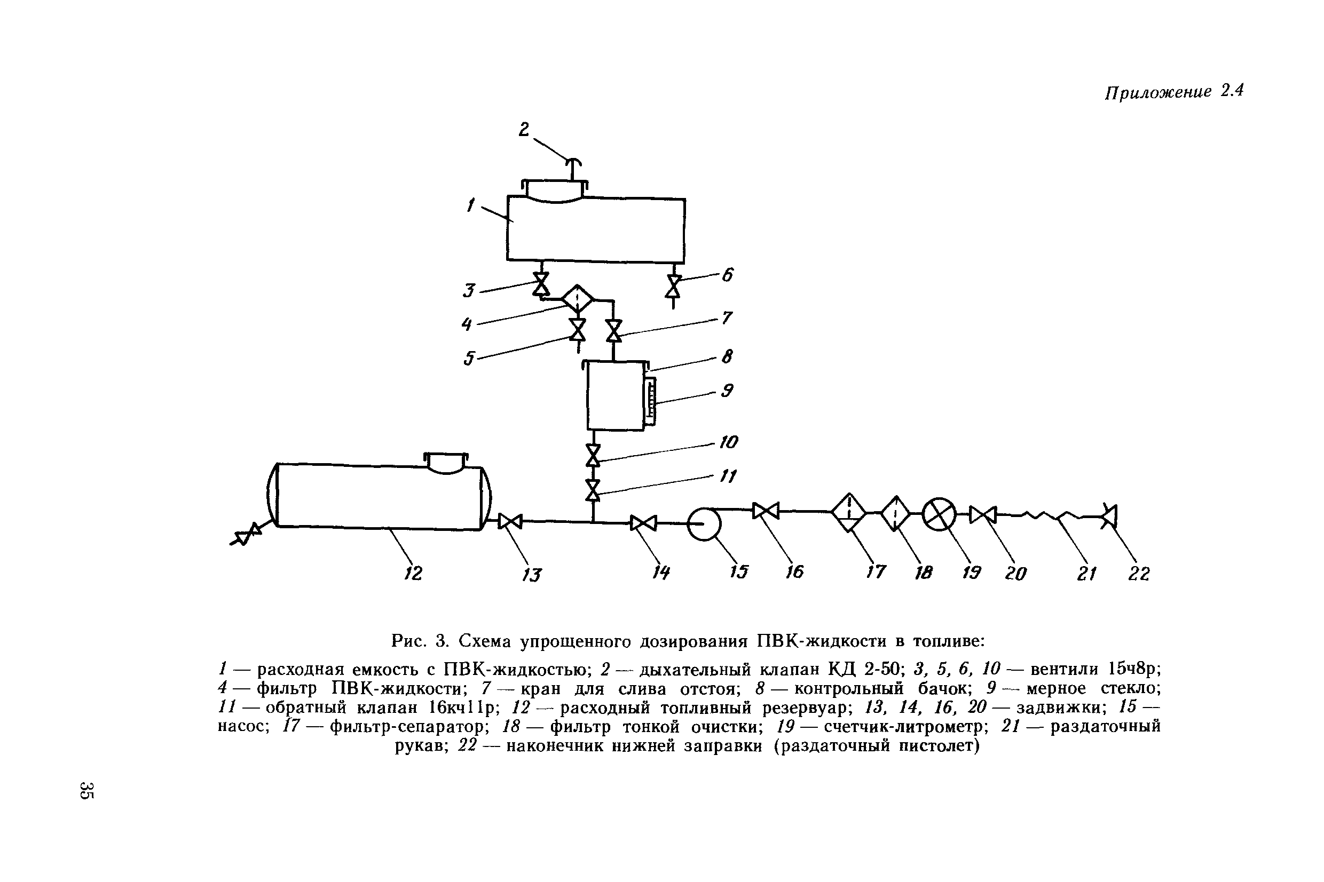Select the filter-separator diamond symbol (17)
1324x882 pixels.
pos(848,512)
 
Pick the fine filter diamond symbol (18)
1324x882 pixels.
pos(895,512)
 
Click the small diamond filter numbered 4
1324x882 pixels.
pos(577,299)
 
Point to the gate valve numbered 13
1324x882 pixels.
pos(510,521)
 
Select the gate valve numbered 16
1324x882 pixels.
pos(765,511)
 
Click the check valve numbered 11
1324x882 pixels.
pos(593,490)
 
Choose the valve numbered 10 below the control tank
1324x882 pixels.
pos(593,455)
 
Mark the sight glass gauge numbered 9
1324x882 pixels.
pos(650,401)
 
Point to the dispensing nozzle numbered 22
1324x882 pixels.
pos(1109,516)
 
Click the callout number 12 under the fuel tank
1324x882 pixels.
pos(413,573)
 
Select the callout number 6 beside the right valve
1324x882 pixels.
pos(728,275)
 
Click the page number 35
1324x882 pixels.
pos(87,790)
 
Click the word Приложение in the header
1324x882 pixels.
pos(1157,92)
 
